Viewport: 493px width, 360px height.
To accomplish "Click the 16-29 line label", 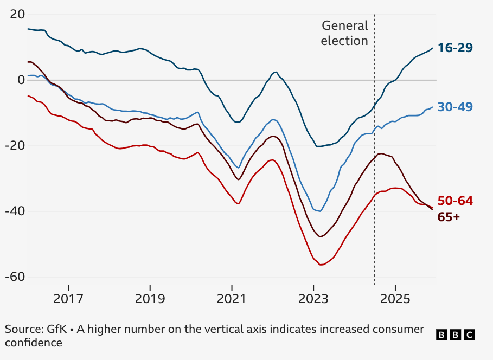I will coord(455,48).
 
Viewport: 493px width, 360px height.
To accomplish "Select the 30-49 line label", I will coord(455,107).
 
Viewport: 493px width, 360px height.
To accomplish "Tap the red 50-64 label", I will coord(455,201).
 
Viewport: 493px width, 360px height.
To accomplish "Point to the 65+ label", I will coord(449,217).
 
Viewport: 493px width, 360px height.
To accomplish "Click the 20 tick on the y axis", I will coord(17,14).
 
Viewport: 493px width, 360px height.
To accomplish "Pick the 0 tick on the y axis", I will coord(21,80).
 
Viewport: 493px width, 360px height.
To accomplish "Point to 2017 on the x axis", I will coord(68,298).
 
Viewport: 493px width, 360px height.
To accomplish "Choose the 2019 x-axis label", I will coord(150,298).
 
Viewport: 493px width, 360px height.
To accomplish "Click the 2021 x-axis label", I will coord(232,298).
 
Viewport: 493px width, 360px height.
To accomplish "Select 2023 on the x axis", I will coord(313,298).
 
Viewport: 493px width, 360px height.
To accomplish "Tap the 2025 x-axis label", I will coord(395,298).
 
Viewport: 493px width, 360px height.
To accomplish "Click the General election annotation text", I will coord(344,33).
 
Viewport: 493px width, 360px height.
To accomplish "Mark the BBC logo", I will coord(455,335).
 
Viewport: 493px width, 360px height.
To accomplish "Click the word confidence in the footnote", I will coord(34,343).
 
